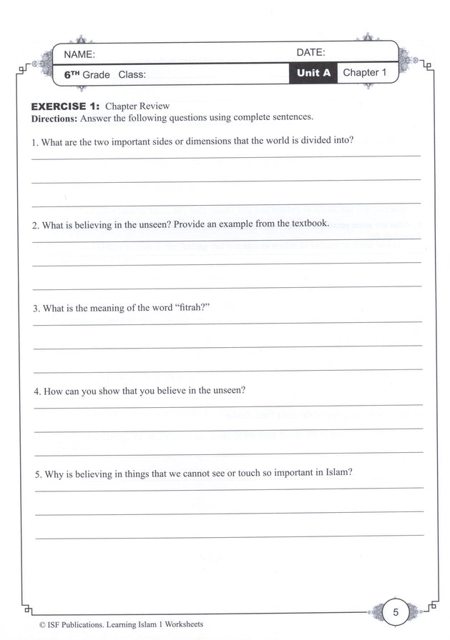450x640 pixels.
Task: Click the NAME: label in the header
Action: tap(79, 54)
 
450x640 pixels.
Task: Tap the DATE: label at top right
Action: tap(310, 52)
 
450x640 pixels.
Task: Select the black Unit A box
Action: tap(313, 74)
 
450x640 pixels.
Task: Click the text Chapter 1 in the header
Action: tap(364, 73)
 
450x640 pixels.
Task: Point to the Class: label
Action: tap(132, 74)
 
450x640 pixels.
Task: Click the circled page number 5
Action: tap(395, 612)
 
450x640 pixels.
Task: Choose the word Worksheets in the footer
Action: tap(182, 624)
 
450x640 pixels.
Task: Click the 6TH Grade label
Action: tap(87, 74)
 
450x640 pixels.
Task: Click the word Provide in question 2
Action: tap(188, 224)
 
